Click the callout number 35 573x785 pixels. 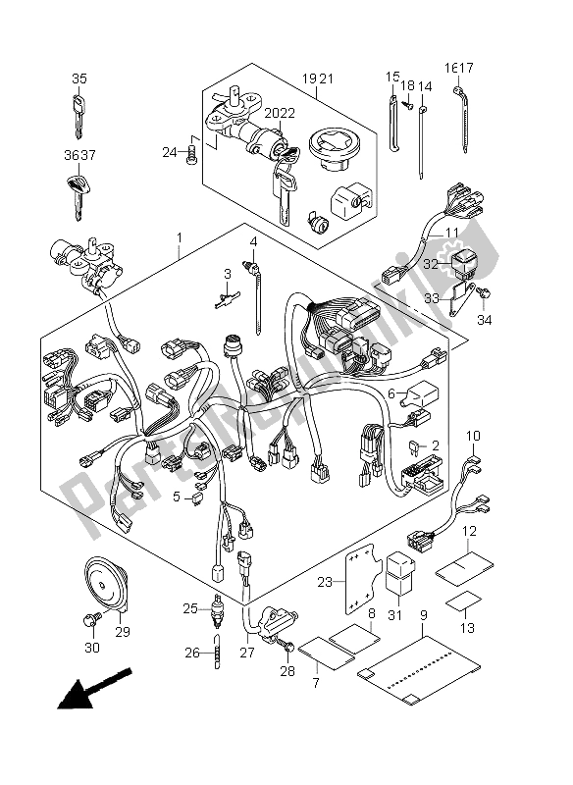(79, 78)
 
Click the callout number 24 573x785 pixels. (170, 152)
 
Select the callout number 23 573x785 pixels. (325, 582)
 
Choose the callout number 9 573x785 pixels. (424, 615)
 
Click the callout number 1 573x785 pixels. (180, 236)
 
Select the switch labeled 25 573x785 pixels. (217, 611)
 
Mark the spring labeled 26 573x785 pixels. (216, 652)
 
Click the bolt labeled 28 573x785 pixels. (286, 648)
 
